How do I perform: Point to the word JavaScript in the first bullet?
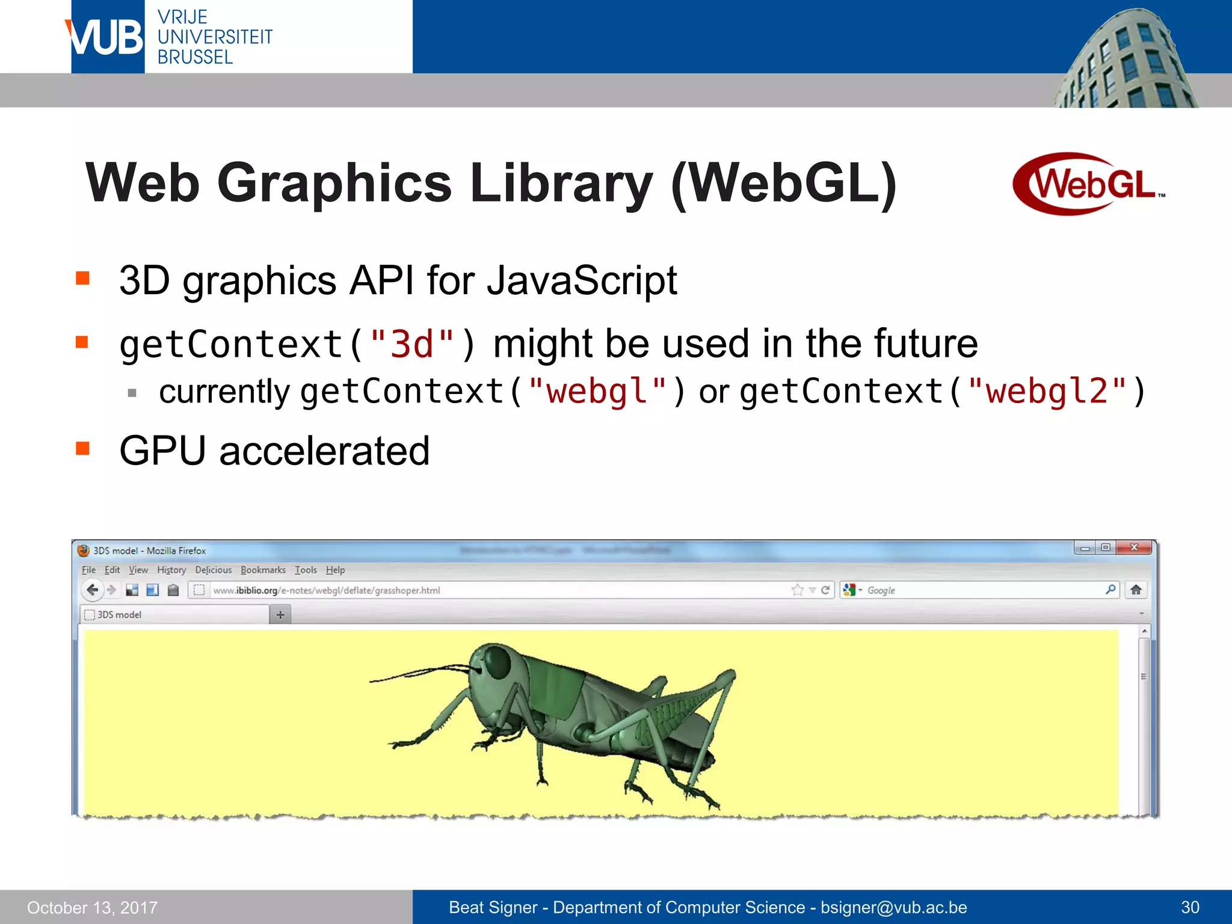pos(582,281)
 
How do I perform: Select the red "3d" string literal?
pos(412,345)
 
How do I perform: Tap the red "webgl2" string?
pos(1047,392)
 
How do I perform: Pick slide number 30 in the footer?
pos(1190,907)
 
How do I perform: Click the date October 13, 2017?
pos(92,908)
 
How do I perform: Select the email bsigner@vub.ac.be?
pos(893,907)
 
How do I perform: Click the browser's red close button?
pos(1134,547)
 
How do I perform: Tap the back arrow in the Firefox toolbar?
pos(92,590)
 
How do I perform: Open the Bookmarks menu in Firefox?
pos(263,570)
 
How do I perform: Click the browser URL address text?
pos(327,591)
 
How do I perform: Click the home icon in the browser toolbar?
pos(1136,590)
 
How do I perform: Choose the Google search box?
pos(981,591)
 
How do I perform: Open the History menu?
pos(171,570)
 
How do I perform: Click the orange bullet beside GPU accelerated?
pos(82,449)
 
